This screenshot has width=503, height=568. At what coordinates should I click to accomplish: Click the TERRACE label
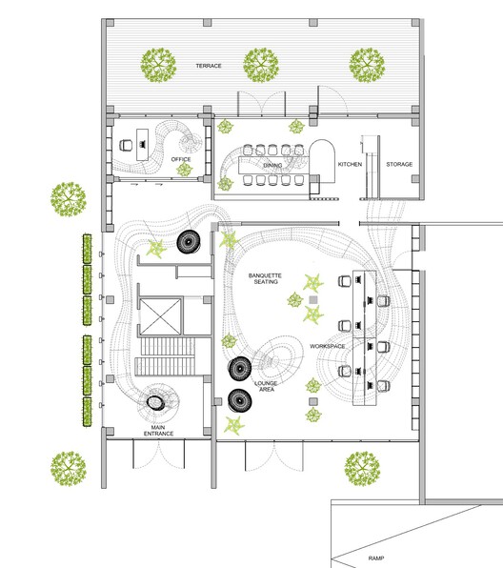(x=209, y=66)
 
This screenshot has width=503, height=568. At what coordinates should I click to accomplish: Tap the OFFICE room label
(x=181, y=159)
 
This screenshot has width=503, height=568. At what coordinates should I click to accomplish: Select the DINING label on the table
(x=272, y=165)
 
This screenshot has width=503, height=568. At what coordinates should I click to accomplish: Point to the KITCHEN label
(x=350, y=164)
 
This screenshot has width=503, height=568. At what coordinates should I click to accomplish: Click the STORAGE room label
(x=399, y=164)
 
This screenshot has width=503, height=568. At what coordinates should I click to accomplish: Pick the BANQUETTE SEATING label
(x=265, y=278)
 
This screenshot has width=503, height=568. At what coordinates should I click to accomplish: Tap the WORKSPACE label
(x=328, y=346)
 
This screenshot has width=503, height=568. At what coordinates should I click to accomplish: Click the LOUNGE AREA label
(x=266, y=386)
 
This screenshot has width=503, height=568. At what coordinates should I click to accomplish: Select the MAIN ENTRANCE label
(x=158, y=431)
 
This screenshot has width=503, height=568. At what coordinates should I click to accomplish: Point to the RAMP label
(x=376, y=558)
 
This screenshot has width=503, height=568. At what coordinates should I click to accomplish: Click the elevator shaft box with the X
(x=160, y=316)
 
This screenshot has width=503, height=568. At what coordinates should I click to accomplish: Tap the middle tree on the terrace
(x=261, y=65)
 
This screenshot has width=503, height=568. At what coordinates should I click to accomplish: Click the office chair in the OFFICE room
(x=126, y=145)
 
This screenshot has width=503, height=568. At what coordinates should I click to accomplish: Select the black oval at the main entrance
(x=156, y=402)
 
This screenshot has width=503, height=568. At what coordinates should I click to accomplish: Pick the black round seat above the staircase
(x=189, y=242)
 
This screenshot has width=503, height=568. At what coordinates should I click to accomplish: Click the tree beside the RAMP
(x=363, y=469)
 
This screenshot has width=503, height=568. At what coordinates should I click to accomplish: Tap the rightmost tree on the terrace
(x=367, y=65)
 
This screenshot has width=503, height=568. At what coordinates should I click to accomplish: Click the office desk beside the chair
(x=142, y=145)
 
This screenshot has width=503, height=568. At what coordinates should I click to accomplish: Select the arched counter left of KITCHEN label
(x=322, y=161)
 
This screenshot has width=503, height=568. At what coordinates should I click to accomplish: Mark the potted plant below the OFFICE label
(x=184, y=170)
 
